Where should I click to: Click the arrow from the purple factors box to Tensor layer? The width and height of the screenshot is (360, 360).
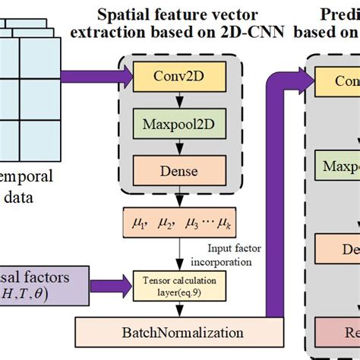[x=106, y=279]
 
